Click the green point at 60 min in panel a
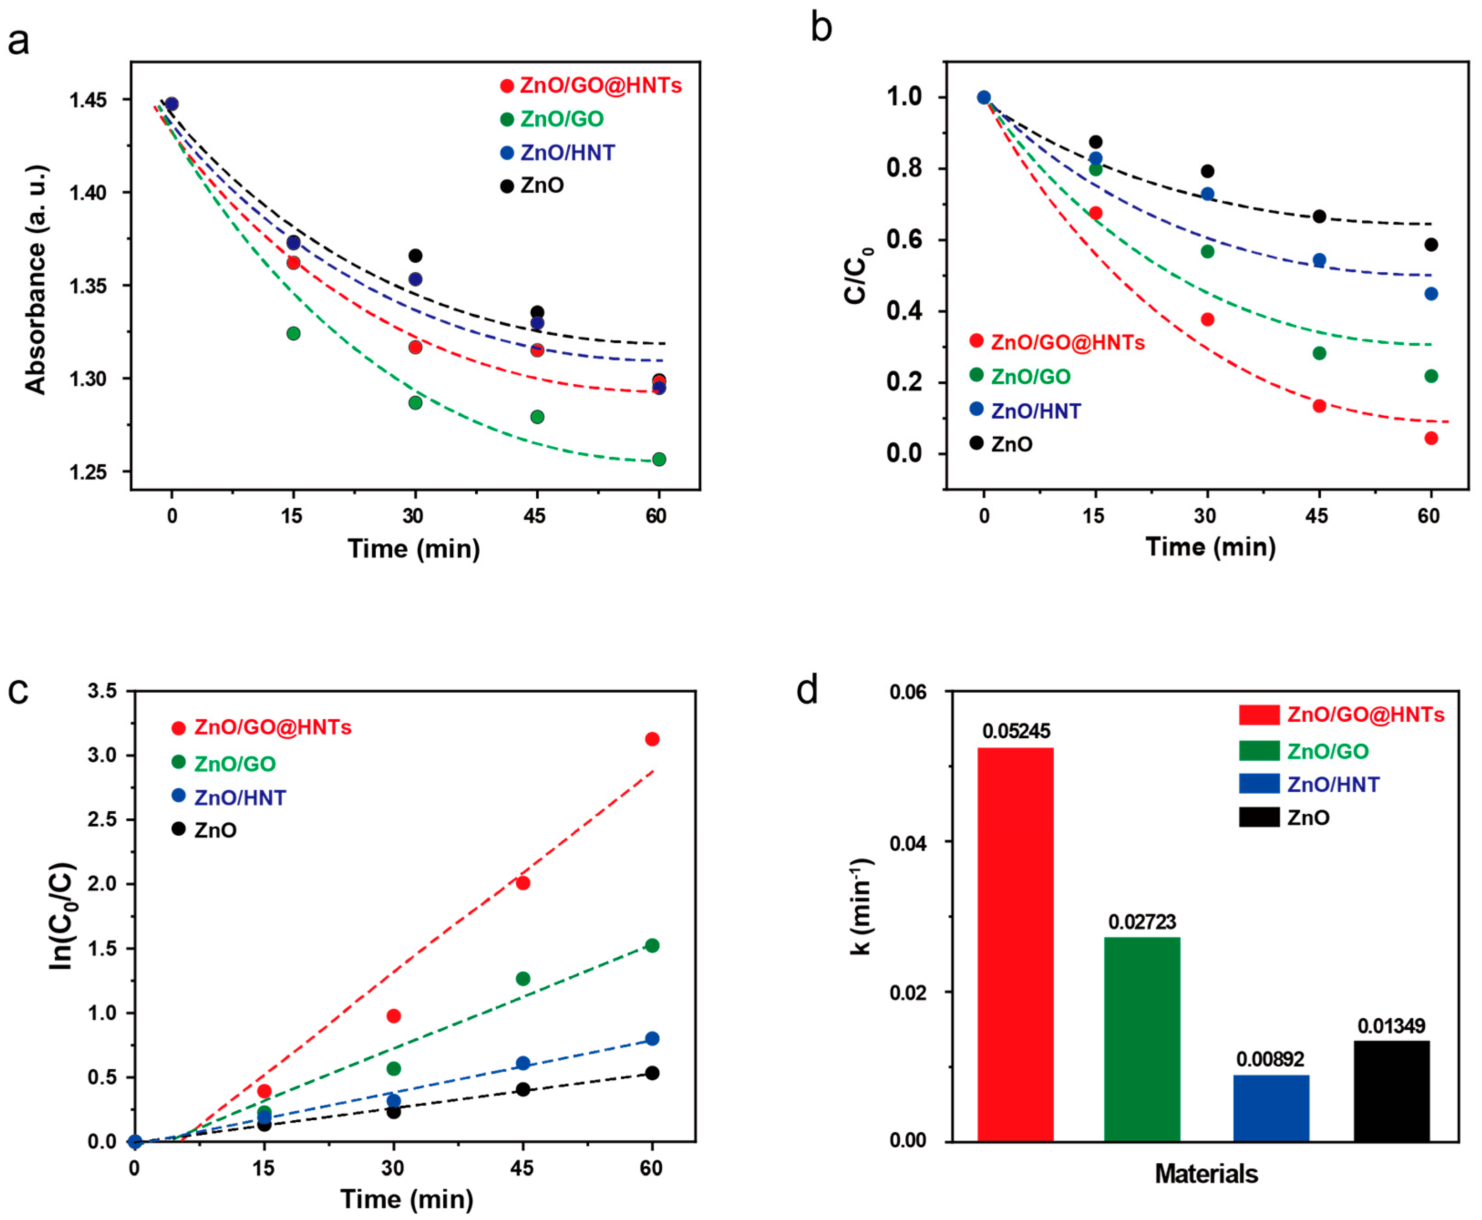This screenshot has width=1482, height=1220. pyautogui.click(x=659, y=459)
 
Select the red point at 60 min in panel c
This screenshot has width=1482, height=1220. pyautogui.click(x=652, y=739)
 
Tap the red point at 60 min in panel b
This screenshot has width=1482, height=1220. pyautogui.click(x=1431, y=439)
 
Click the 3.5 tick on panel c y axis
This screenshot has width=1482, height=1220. pyautogui.click(x=102, y=692)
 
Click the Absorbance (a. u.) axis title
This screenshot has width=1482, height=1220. pyautogui.click(x=35, y=279)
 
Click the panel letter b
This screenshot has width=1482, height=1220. pyautogui.click(x=820, y=28)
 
